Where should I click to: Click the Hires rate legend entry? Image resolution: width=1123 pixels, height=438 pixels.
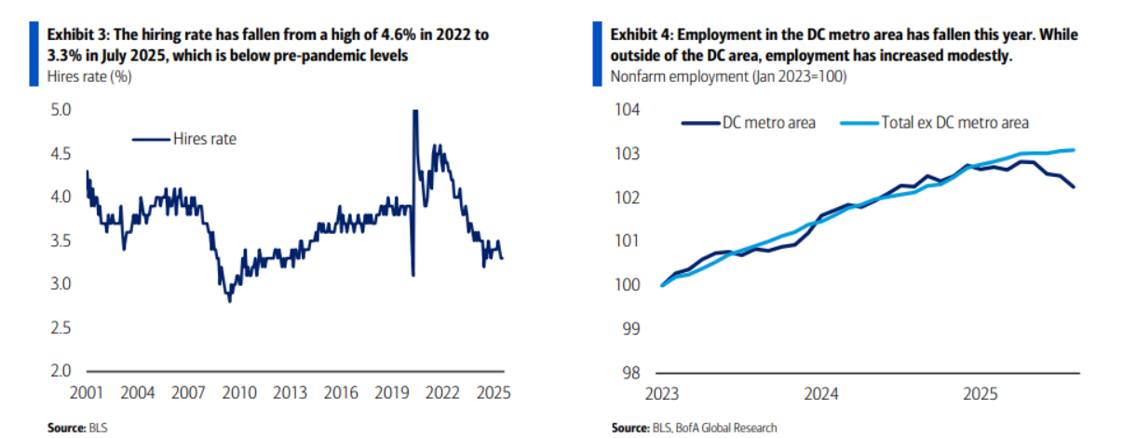pyautogui.click(x=203, y=139)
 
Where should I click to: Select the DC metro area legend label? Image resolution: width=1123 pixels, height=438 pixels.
pyautogui.click(x=769, y=122)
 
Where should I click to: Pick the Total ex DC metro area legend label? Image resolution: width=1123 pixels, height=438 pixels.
pyautogui.click(x=954, y=122)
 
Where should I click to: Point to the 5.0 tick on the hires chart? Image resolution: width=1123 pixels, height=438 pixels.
pyautogui.click(x=59, y=110)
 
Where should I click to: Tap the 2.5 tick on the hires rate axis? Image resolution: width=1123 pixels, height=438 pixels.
pyautogui.click(x=59, y=328)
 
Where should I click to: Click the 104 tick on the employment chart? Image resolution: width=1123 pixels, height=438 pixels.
pyautogui.click(x=629, y=110)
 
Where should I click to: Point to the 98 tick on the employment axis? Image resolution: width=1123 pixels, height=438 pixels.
pyautogui.click(x=632, y=372)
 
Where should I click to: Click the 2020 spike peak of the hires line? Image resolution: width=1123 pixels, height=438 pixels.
pyautogui.click(x=414, y=111)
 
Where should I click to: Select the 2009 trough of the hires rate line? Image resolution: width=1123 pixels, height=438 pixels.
pyautogui.click(x=229, y=301)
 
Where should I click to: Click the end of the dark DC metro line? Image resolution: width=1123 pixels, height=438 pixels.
pyautogui.click(x=1075, y=187)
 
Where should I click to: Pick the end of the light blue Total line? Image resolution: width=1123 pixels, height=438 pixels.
pyautogui.click(x=1075, y=149)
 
